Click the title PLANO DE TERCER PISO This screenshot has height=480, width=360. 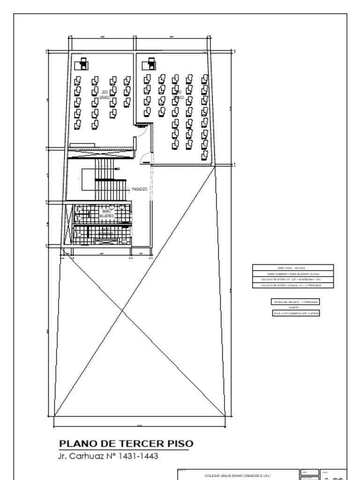tap(126, 444)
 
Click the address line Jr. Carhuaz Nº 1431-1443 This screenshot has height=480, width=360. tap(111, 456)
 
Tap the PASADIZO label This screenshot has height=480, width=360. tap(139, 189)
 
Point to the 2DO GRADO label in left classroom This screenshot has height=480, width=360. tap(105, 95)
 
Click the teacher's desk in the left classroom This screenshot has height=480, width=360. tap(84, 63)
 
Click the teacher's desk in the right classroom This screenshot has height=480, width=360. tap(151, 63)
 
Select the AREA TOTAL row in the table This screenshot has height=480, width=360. tap(292, 268)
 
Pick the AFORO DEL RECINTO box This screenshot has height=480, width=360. tap(292, 302)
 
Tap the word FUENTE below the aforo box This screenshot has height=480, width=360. tap(293, 308)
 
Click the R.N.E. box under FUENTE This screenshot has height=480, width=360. tap(292, 313)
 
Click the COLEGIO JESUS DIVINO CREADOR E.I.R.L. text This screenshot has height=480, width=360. tap(238, 475)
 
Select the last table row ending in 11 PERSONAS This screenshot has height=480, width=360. tap(292, 285)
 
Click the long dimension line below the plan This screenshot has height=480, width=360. tap(139, 426)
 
